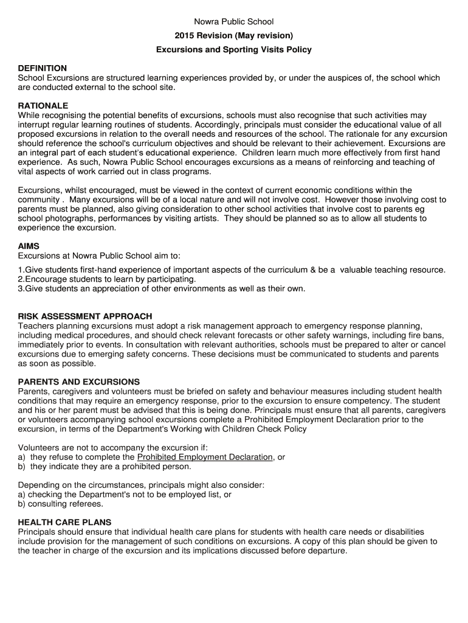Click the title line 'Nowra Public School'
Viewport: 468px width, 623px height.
click(234, 22)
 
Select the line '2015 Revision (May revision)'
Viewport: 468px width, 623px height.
click(234, 36)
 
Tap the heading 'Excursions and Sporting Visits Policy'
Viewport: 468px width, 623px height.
click(234, 50)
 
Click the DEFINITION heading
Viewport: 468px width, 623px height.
click(43, 69)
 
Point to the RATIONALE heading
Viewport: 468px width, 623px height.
click(43, 106)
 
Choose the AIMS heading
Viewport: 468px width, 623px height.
click(29, 246)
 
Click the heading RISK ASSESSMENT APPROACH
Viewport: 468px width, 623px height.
click(85, 316)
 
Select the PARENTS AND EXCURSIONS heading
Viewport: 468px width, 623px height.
click(79, 382)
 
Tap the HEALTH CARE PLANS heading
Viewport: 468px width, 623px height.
click(64, 522)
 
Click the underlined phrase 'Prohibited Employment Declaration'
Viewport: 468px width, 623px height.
click(205, 457)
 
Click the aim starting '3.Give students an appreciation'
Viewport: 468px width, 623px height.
click(162, 288)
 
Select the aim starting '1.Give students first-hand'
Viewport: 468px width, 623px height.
click(232, 270)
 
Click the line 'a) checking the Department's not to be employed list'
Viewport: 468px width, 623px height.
click(125, 495)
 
